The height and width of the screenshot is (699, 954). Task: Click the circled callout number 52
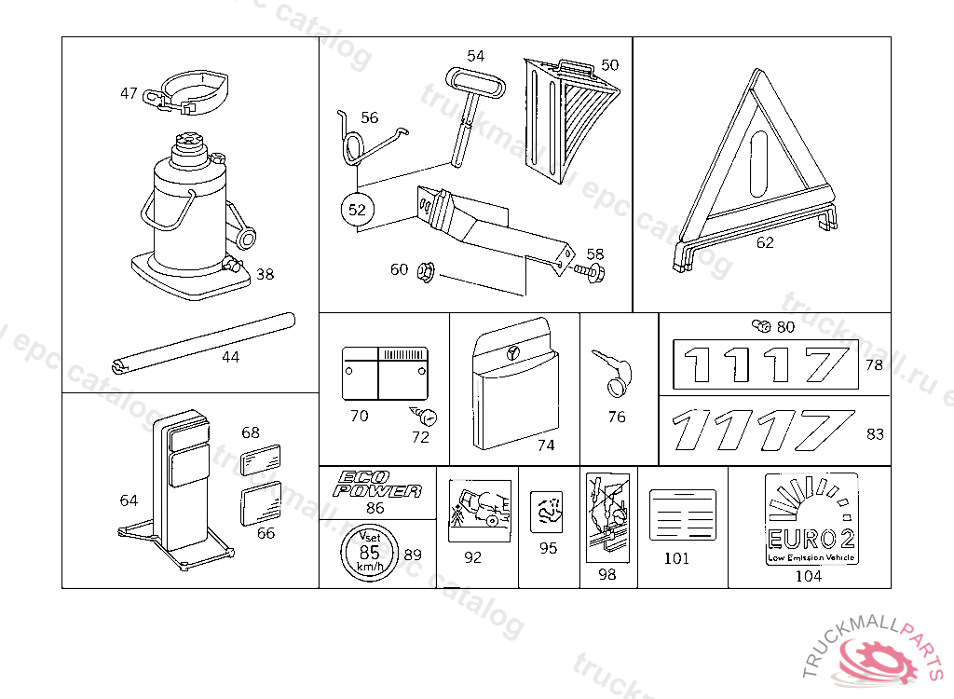pos(357,210)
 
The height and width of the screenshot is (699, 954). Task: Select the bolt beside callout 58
pos(589,272)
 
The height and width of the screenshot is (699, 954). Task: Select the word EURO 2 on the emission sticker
pos(810,538)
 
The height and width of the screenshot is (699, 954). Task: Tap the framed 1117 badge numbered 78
pos(765,364)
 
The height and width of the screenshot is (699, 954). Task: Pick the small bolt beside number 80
pos(760,326)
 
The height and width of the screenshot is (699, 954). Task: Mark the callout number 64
pos(129,501)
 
